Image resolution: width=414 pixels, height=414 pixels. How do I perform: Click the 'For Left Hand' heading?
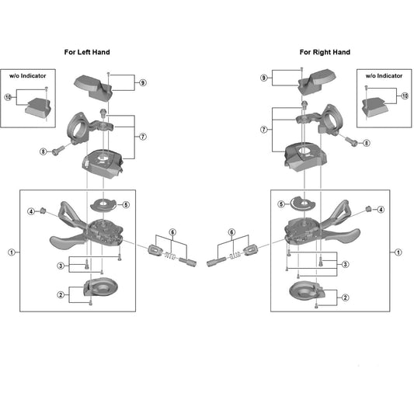click(87, 52)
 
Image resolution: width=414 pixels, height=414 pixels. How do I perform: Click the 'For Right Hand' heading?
click(325, 52)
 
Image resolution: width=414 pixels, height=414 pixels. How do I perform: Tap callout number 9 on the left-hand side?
click(143, 82)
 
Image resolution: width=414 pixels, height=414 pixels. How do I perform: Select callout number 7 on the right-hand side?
click(264, 130)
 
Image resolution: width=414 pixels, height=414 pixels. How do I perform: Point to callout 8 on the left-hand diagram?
click(43, 151)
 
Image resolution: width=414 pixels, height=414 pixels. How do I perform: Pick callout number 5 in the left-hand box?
click(126, 204)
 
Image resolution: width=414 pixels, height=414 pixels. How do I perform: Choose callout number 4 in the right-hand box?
click(381, 210)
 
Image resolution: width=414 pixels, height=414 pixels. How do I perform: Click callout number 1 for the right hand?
click(398, 252)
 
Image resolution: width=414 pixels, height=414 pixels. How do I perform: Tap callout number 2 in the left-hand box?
click(61, 294)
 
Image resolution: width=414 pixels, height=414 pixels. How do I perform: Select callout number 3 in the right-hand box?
click(346, 264)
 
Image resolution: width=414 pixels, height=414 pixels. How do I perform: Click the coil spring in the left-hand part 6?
click(170, 256)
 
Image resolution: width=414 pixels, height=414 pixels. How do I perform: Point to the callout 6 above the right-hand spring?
click(231, 232)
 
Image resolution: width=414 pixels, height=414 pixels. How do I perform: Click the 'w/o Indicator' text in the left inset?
click(28, 76)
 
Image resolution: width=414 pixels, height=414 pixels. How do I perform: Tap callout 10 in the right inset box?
click(405, 96)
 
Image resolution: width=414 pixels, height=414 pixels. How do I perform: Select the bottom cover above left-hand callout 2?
click(101, 287)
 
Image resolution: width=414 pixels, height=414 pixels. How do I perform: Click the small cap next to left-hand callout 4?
click(43, 210)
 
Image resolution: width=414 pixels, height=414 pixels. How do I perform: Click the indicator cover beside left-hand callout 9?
click(93, 87)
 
